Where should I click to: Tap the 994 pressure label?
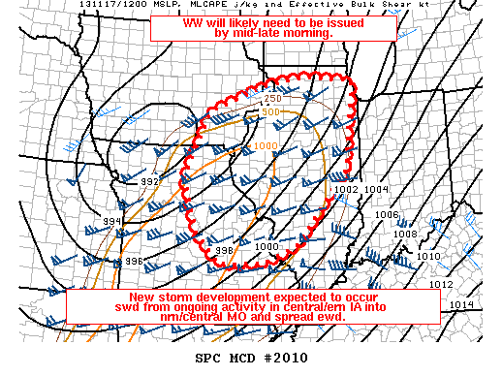[x=114, y=222]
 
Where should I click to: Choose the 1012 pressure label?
[x=443, y=284]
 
